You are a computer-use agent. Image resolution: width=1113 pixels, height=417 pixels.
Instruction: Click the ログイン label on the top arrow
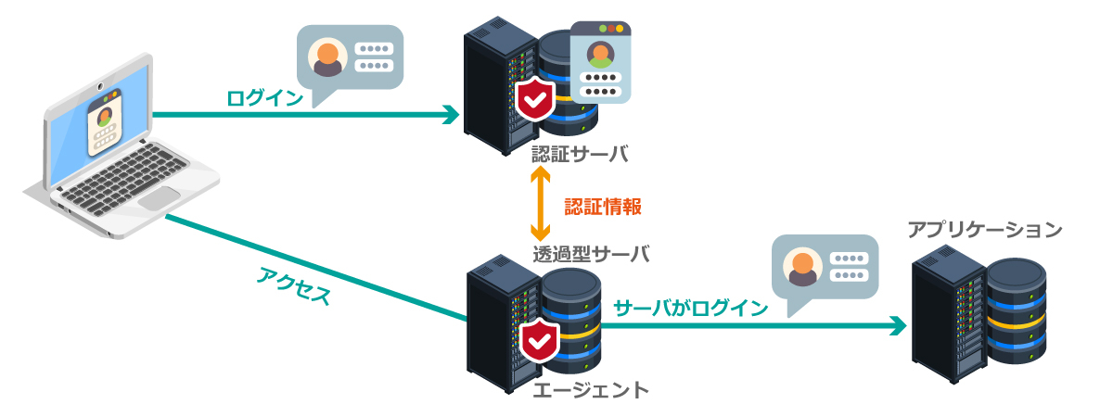pos(264,97)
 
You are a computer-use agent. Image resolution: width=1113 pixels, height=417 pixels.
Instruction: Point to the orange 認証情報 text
pos(603,206)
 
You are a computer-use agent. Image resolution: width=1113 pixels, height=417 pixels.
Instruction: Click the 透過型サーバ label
pos(591,253)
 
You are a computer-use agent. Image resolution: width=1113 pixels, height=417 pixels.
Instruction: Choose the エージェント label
pos(591,389)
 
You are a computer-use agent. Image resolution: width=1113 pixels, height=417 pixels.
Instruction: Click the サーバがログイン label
pos(691,308)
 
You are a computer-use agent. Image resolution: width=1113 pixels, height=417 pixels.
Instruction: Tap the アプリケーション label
pos(984,229)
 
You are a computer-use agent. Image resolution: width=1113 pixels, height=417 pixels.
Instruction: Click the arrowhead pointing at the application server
pos(897,325)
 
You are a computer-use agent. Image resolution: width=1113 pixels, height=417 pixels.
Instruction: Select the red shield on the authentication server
pos(535,99)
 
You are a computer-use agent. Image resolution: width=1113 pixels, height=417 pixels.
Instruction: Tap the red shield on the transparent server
pos(538,342)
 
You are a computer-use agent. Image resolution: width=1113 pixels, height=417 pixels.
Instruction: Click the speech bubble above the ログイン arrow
pos(351,59)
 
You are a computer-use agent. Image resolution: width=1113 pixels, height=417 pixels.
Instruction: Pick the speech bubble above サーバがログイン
pos(825,269)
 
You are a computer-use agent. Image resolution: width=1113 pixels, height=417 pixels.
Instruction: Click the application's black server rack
pos(945,315)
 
